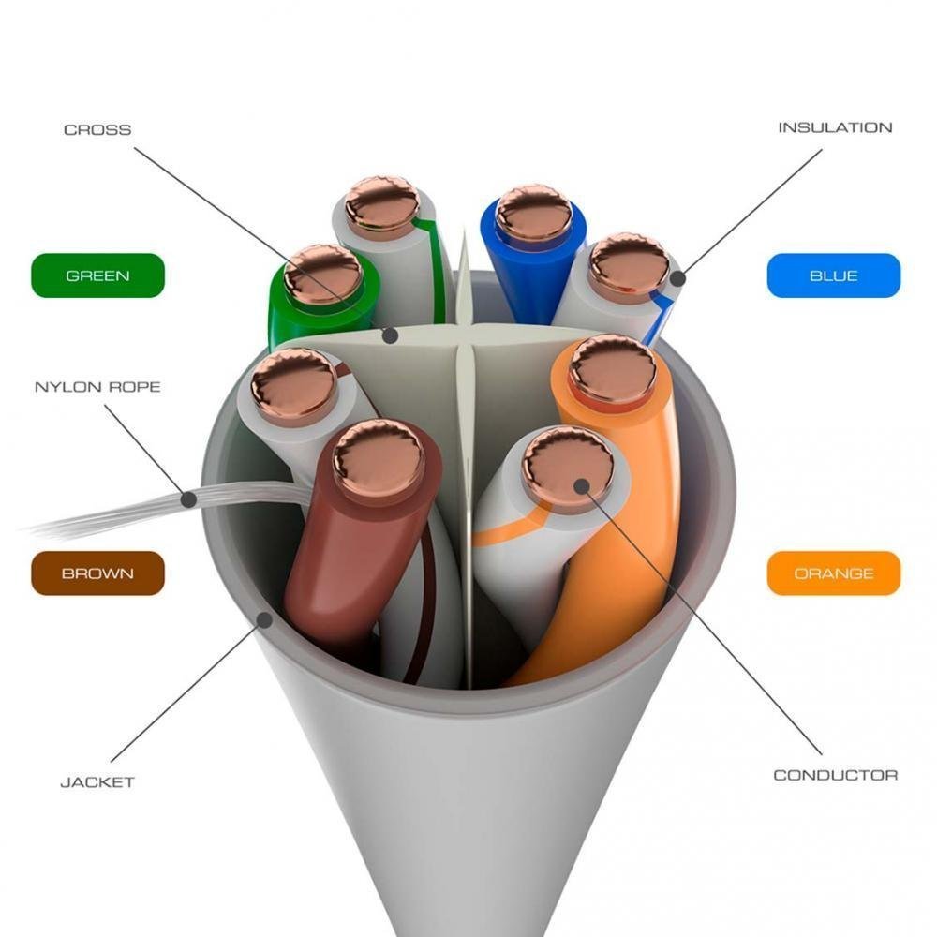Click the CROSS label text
pos(97,129)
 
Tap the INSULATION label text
pos(835,127)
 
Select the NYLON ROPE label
pos(97,387)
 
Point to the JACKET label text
pos(97,781)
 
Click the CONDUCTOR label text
pos(836,775)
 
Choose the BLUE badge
pos(834,275)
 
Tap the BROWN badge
pos(97,573)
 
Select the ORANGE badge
pos(834,573)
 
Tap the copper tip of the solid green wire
pos(322,275)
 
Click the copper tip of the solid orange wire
pos(613,367)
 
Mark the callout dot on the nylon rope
pos(189,499)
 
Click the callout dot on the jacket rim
pos(265,619)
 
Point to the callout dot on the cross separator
pos(390,335)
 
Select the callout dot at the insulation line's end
pos(677,278)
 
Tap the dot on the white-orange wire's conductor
pos(582,485)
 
